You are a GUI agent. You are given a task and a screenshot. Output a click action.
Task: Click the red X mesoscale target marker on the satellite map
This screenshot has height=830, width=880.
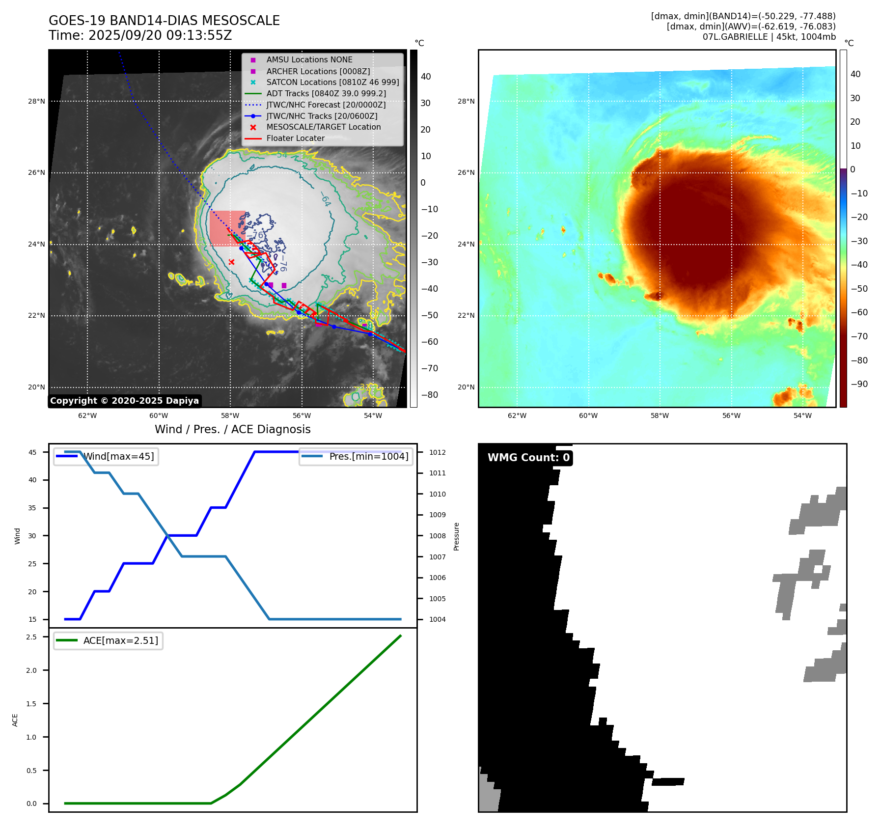pos(232,262)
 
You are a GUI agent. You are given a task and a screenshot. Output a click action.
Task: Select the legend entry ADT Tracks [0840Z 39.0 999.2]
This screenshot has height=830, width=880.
pos(326,93)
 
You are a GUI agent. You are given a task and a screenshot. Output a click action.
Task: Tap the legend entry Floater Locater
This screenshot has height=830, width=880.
pos(295,138)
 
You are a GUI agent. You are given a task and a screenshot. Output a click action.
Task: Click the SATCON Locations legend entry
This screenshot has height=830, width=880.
pos(332,82)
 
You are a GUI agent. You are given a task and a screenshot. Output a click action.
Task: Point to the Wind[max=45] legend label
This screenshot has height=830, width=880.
pos(118,456)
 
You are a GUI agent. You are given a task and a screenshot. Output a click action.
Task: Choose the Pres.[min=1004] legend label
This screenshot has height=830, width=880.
pos(368,456)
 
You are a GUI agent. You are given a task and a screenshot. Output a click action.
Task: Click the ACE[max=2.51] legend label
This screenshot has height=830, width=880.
pos(120,640)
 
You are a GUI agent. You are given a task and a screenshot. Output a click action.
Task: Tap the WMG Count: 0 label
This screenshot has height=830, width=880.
pos(528,458)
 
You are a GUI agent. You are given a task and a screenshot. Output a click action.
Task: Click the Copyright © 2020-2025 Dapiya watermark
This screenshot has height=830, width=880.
pos(124,401)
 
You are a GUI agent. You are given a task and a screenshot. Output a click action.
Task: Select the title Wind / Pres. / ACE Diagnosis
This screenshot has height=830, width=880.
pos(232,429)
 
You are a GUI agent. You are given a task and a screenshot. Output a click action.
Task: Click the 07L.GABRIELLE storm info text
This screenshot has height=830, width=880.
pos(769,37)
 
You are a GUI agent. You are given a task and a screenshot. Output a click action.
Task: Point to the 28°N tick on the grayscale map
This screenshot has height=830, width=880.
pos(36,102)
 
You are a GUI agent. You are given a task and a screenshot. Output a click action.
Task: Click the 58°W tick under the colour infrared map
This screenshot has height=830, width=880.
pos(660,415)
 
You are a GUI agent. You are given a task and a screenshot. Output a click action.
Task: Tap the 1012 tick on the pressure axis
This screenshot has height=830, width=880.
pos(437,452)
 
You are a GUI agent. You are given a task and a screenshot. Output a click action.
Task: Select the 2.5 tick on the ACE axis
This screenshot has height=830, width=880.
pos(31,637)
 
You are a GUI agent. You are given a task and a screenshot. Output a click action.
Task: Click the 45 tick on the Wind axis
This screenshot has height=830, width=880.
pos(32,452)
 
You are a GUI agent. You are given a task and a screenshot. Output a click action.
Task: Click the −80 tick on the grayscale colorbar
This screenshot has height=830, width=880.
pos(429,395)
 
